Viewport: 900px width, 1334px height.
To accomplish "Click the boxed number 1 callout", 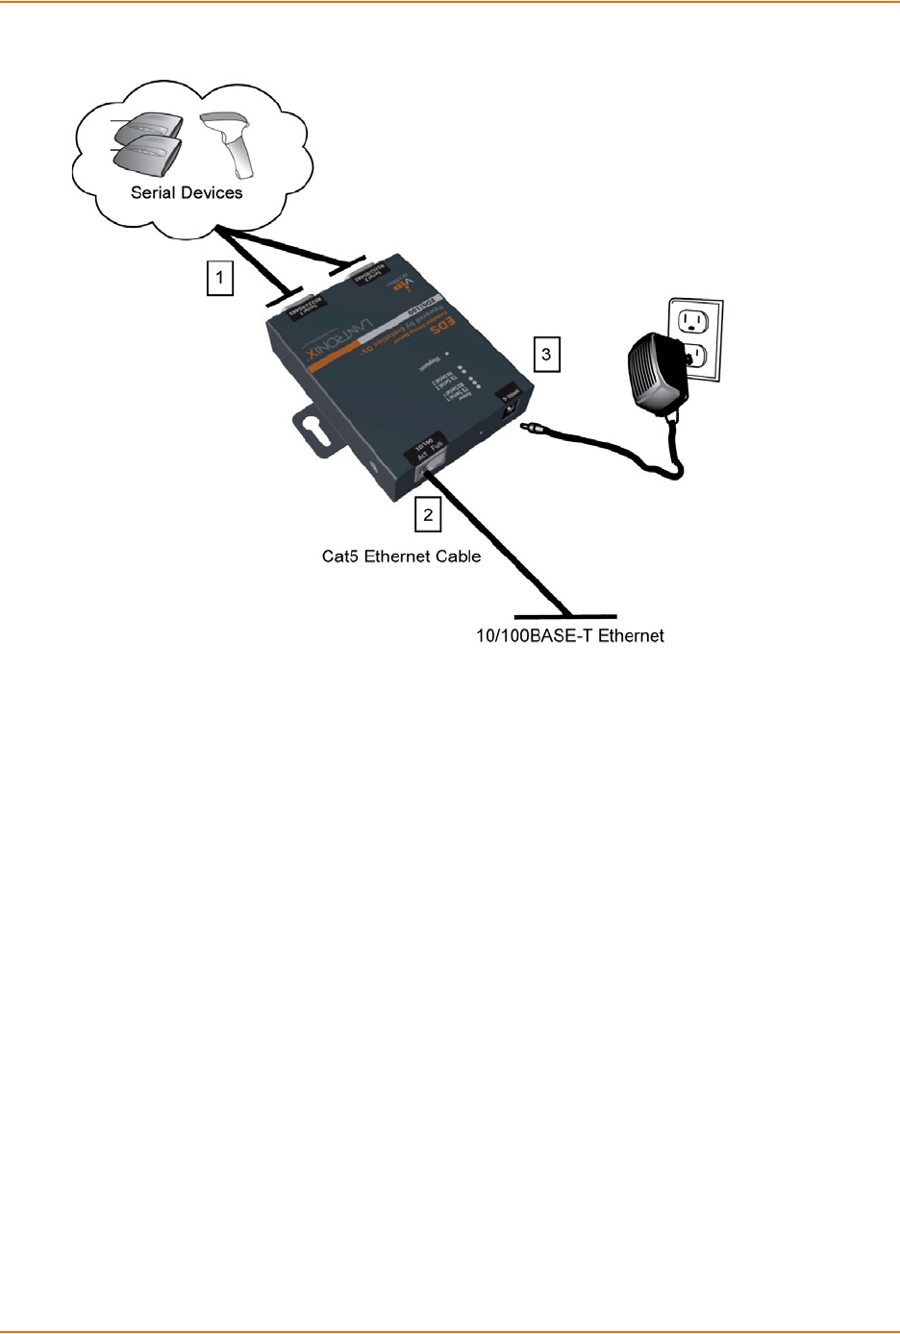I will pos(220,279).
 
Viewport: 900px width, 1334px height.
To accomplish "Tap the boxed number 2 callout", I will pos(428,514).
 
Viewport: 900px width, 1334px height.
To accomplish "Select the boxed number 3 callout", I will pos(546,354).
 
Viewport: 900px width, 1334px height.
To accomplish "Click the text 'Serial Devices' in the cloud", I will pos(187,192).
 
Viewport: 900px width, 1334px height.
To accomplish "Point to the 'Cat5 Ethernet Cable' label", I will pos(401,556).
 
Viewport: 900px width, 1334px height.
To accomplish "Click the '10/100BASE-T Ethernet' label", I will pos(570,635).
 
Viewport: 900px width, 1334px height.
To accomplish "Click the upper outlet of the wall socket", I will pos(693,320).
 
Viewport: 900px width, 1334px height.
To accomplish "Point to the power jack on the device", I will pos(509,409).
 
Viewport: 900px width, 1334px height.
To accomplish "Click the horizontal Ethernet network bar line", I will pos(565,616).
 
